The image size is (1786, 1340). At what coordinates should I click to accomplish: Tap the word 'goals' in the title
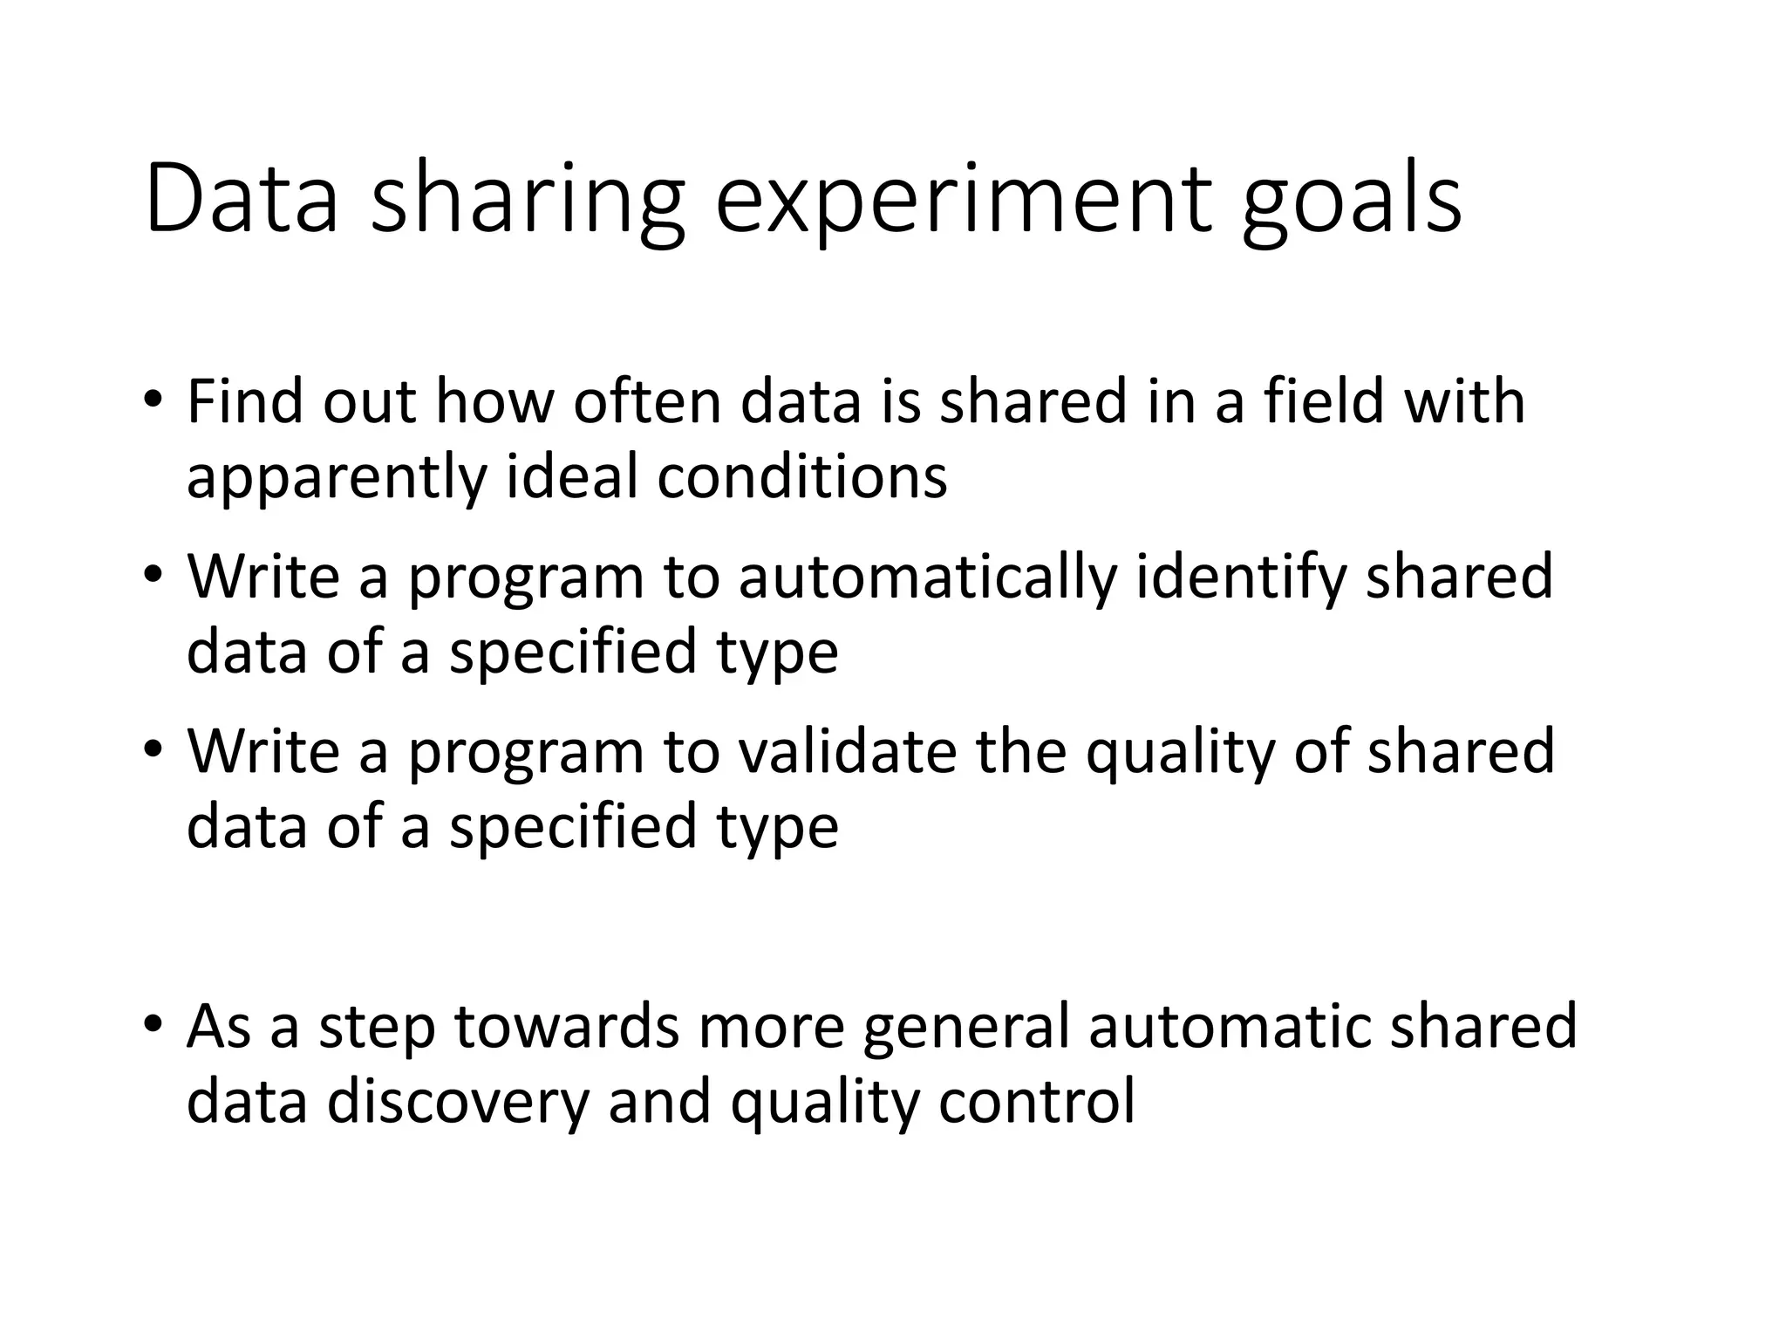tap(1351, 202)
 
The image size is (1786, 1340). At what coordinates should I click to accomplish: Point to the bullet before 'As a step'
tap(153, 1024)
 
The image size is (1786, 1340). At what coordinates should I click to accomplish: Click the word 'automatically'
tap(927, 578)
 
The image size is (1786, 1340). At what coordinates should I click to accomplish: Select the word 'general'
tap(965, 1028)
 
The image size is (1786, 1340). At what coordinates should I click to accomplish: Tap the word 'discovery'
tap(459, 1102)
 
